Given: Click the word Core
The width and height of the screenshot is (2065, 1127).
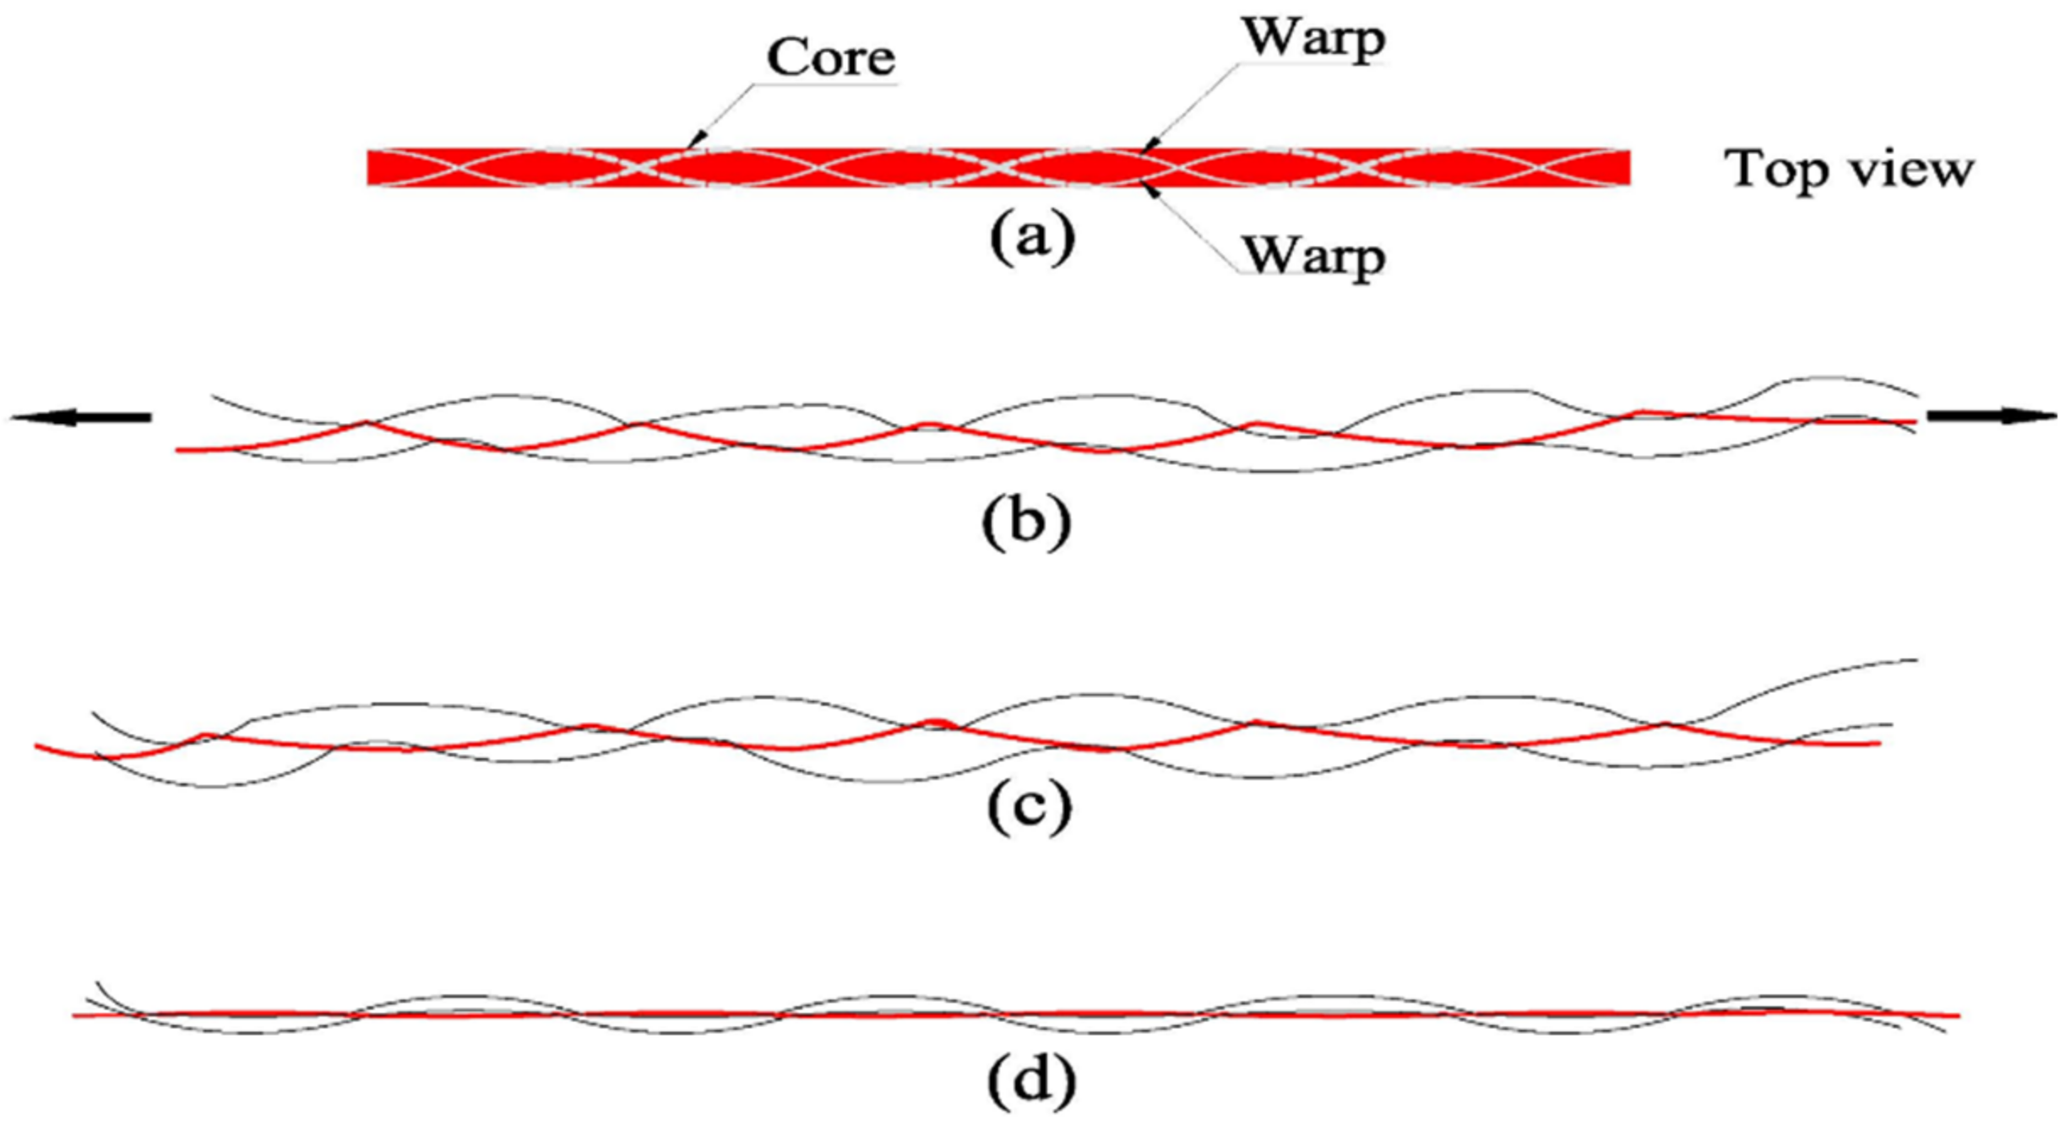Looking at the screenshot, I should (830, 57).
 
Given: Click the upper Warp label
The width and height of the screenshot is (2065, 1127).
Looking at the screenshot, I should (1312, 38).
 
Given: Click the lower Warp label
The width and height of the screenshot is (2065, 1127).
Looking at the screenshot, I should (1312, 255).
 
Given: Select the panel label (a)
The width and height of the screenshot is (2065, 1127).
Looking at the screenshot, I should (1032, 237).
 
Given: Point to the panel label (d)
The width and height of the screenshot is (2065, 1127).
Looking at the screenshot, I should (1031, 1081).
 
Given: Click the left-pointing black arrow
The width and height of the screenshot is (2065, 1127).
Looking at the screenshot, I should (80, 417).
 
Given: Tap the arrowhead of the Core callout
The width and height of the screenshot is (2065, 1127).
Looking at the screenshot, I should (696, 141).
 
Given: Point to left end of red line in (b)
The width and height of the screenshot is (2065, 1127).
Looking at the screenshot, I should (178, 451).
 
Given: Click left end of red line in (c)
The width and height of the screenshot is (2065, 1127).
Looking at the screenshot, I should (37, 746).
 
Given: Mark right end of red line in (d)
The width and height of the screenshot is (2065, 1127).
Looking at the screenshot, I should (1956, 1016).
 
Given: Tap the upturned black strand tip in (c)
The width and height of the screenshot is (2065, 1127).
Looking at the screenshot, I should (1915, 659).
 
